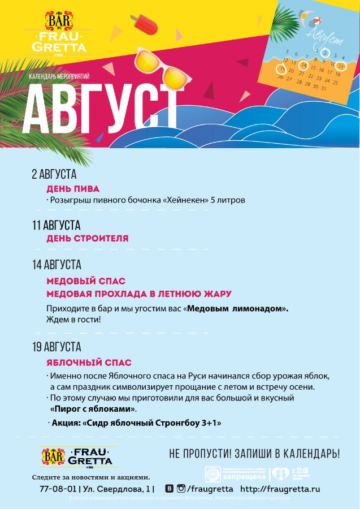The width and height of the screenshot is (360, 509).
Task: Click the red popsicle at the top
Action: point(145,25)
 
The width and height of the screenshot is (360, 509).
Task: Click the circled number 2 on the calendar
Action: point(325,53)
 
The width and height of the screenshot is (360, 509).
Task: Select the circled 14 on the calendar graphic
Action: point(304,65)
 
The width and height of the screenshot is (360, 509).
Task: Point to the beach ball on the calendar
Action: point(307,17)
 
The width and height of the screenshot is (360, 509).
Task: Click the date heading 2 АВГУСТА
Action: point(54,175)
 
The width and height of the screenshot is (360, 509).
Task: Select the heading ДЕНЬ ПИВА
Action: point(73,188)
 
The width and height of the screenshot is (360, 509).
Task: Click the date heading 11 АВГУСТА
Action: point(56,226)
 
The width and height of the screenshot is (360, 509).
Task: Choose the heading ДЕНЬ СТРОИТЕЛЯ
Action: point(87,239)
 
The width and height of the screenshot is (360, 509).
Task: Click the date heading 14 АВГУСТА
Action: point(57,265)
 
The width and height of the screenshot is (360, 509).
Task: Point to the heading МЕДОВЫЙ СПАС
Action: point(86,281)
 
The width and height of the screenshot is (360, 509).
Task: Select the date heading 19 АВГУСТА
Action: point(57,347)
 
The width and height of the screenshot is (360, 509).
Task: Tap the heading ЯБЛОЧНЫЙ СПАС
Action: point(89,363)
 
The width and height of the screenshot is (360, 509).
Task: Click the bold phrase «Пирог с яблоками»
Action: point(93,409)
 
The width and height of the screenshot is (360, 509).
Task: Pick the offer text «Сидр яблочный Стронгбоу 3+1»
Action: point(152,423)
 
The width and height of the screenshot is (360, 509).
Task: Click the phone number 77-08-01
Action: point(58,488)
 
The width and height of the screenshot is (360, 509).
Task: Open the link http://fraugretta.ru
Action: point(280,488)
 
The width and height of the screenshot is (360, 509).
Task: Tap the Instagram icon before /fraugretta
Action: point(181,488)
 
